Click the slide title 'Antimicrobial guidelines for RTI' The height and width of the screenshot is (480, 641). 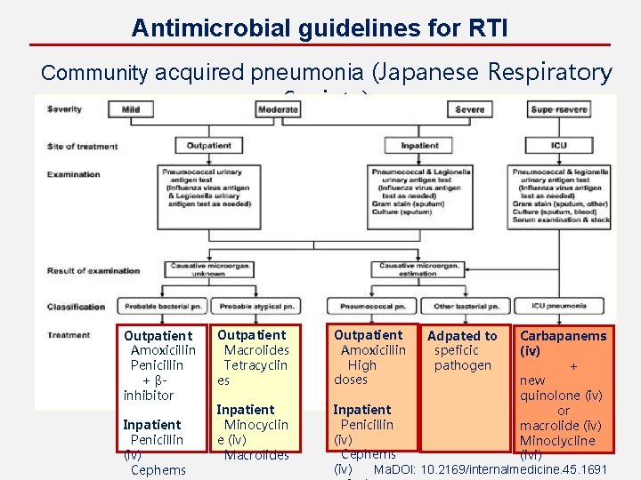pos(320,28)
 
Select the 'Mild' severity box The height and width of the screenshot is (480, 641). pos(130,109)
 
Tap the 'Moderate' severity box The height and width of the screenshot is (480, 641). pos(278,109)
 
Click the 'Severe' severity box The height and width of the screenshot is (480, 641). pos(469,109)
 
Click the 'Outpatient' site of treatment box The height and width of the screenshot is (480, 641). pos(209,146)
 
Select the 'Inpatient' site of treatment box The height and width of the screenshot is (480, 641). pos(419,146)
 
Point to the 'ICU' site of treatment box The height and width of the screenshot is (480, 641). pos(559,146)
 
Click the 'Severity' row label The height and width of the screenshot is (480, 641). pos(65,109)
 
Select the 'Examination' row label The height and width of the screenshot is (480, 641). pos(74,174)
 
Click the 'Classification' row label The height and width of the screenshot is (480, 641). pos(77,307)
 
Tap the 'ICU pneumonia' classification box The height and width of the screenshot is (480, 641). pos(559,307)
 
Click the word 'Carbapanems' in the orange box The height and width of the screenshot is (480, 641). pos(563,336)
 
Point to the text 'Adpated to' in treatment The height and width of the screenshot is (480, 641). pos(462,336)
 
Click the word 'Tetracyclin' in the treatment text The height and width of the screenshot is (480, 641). pos(256,365)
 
